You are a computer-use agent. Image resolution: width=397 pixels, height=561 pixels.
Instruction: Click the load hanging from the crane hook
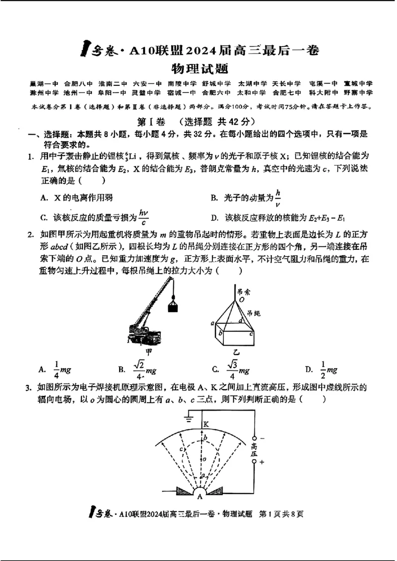pos(173,306)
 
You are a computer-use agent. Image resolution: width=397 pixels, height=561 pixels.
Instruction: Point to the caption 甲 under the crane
pos(147,351)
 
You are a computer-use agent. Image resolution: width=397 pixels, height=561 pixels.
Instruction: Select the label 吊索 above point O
pos(243,292)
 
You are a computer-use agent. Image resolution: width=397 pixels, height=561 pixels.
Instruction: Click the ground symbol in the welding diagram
pos(189,418)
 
